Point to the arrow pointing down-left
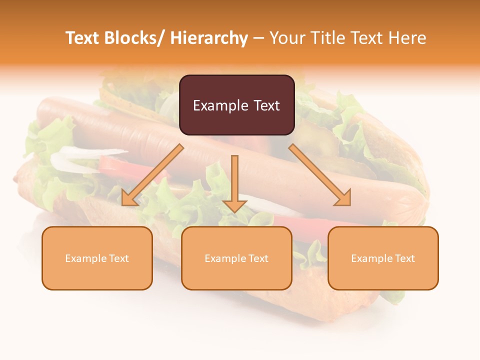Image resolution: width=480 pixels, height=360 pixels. (x=152, y=175)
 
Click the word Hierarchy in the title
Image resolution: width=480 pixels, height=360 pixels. (x=209, y=38)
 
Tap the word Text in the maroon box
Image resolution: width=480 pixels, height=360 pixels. (x=266, y=105)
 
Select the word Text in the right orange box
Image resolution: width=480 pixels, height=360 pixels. (x=404, y=258)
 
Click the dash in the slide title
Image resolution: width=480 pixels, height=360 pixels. (x=258, y=38)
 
